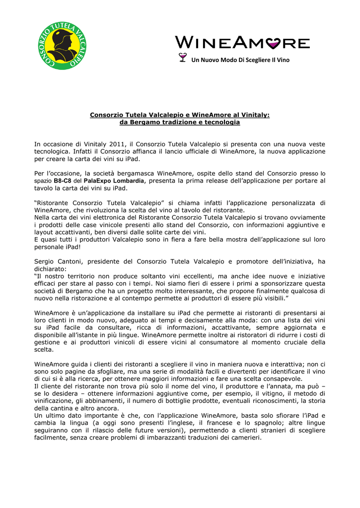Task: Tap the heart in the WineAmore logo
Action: (x=273, y=44)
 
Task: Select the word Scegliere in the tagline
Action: (x=248, y=60)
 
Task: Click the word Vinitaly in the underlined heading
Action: (x=253, y=115)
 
